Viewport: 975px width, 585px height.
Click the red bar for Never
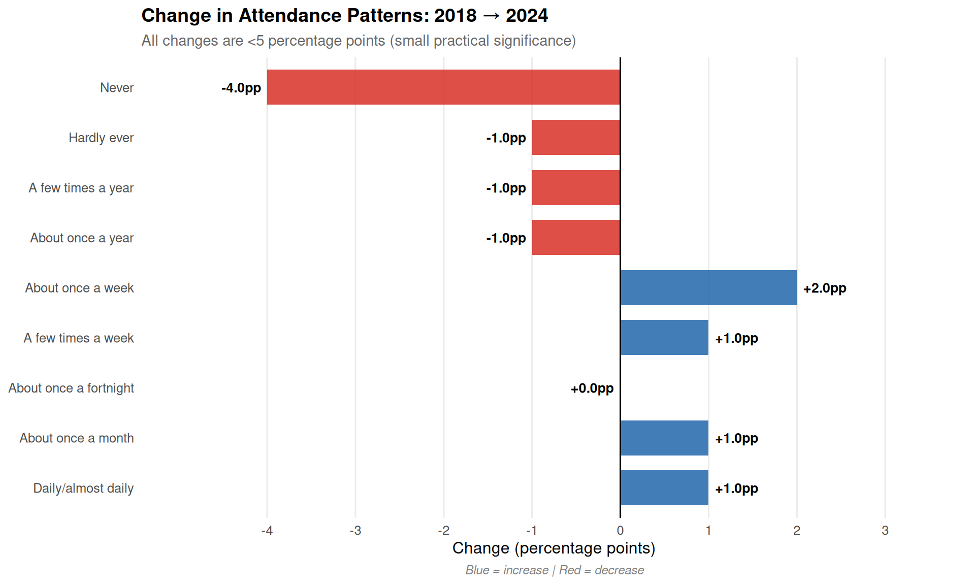coord(443,87)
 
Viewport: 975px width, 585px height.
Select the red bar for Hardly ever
coord(576,138)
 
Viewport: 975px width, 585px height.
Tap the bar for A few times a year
coord(576,188)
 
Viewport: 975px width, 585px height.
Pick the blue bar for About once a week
coord(708,288)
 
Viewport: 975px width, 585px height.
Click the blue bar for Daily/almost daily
coord(664,488)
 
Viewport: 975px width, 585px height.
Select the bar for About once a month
coord(664,438)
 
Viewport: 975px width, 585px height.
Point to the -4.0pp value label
coord(241,88)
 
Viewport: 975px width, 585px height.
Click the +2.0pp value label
coord(825,288)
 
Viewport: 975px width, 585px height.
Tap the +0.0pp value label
coord(592,388)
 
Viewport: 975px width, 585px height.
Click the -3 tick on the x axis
coord(355,531)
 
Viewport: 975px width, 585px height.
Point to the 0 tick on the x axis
coord(620,531)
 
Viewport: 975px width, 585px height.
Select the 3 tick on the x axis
coord(885,531)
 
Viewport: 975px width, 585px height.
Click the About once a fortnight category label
coord(71,388)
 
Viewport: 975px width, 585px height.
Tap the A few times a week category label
coord(79,338)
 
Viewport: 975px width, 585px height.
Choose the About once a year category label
coord(82,238)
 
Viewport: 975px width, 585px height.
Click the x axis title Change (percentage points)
coord(554,548)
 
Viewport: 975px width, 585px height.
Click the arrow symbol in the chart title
coord(491,16)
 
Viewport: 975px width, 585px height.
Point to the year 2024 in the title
coord(527,16)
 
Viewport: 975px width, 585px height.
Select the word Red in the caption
coord(570,570)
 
